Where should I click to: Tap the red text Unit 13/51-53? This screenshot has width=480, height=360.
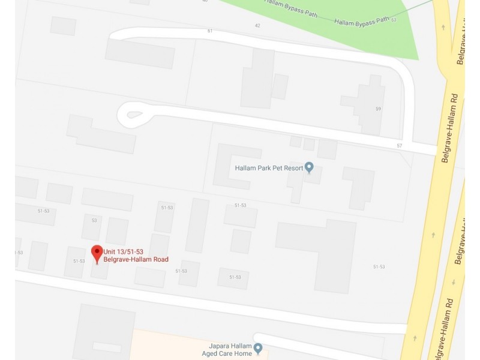tap(123, 251)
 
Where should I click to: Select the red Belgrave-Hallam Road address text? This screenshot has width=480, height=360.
tap(136, 260)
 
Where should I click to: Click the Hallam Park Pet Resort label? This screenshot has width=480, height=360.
tap(268, 168)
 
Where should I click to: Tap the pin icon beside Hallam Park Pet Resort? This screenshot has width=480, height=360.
tap(309, 167)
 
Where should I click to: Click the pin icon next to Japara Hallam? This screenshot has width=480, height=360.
tap(258, 348)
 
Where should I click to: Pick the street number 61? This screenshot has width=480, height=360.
tap(210, 31)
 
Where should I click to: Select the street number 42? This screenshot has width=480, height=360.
tap(257, 26)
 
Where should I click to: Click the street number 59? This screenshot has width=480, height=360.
tap(378, 109)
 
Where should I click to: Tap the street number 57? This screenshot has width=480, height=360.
tap(399, 146)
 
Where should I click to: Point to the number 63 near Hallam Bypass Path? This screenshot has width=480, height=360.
tap(394, 20)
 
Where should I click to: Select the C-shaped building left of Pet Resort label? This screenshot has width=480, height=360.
tap(231, 165)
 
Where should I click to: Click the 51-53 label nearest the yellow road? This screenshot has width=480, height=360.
tap(379, 266)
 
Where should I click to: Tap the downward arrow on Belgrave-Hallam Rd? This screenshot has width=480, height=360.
tap(454, 282)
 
